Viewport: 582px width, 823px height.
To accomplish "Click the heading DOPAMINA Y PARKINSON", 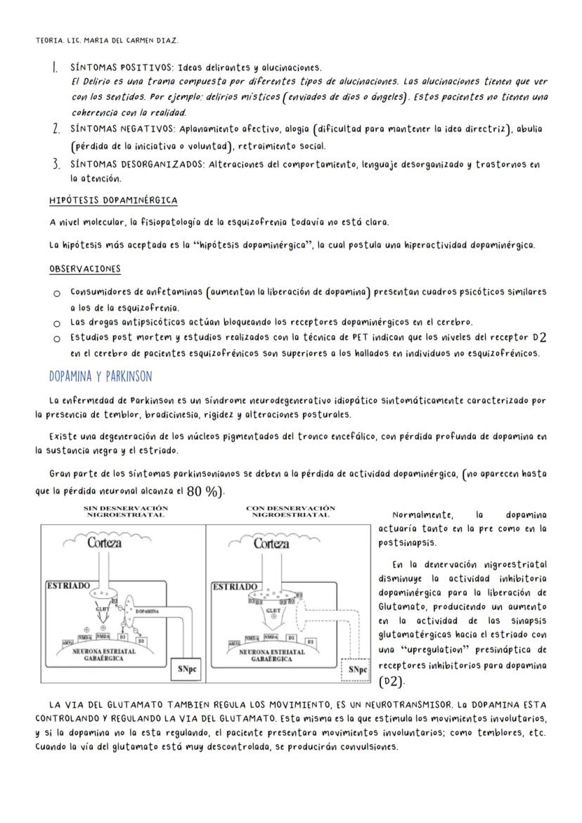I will [x=100, y=376].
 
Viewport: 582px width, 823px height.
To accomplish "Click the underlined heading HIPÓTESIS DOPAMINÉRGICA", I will [x=113, y=200].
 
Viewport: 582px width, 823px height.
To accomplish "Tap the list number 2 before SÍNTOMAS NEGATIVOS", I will [x=55, y=129].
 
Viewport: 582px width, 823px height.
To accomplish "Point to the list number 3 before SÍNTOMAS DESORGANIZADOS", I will [x=55, y=165].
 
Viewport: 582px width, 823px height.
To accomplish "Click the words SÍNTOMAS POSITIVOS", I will [x=121, y=68].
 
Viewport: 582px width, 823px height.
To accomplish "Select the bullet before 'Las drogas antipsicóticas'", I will [x=56, y=323].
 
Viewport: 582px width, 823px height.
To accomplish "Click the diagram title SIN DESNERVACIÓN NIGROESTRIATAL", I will [x=125, y=511].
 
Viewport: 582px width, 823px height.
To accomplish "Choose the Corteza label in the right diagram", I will [x=271, y=543].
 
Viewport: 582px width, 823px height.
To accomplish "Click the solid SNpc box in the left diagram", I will [x=188, y=668].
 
